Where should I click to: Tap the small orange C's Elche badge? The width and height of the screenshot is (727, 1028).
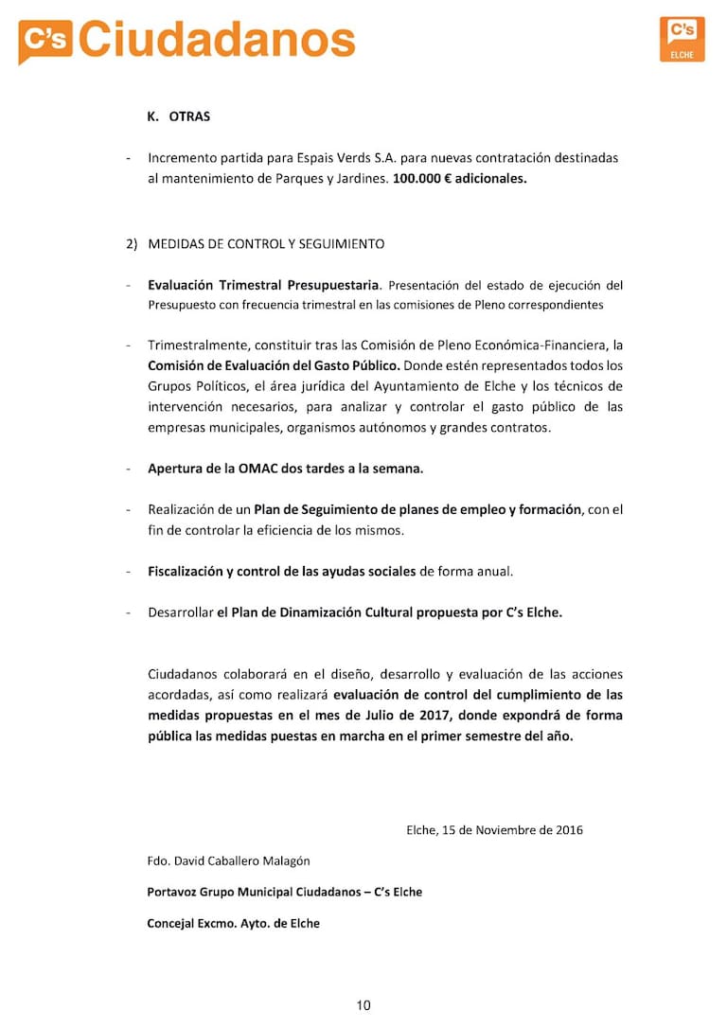[x=682, y=39]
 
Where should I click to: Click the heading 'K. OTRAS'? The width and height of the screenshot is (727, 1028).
[x=179, y=116]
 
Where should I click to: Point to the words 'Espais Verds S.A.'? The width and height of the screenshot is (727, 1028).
[x=362, y=158]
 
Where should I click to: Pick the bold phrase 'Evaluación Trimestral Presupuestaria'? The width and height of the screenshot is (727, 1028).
[x=263, y=285]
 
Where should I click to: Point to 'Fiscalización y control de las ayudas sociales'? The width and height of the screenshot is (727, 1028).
[x=281, y=572]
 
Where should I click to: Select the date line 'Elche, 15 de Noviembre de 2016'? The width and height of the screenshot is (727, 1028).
[x=494, y=830]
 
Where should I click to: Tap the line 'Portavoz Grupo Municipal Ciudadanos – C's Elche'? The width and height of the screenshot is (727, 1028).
[x=284, y=892]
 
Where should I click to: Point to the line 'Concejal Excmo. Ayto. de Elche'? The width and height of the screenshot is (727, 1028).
[x=233, y=923]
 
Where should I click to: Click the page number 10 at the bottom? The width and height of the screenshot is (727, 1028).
[x=363, y=1005]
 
